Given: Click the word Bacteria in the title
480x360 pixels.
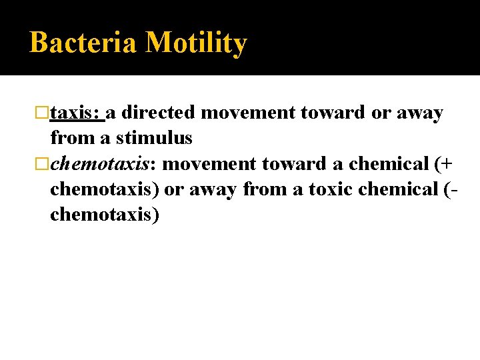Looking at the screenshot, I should [83, 43].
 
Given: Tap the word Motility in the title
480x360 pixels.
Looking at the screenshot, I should [196, 43].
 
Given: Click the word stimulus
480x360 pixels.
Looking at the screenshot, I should [154, 139].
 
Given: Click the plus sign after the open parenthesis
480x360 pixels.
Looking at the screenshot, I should [446, 164].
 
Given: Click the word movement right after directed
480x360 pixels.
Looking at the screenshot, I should [248, 113].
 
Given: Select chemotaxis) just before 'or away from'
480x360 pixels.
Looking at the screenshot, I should [105, 189].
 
